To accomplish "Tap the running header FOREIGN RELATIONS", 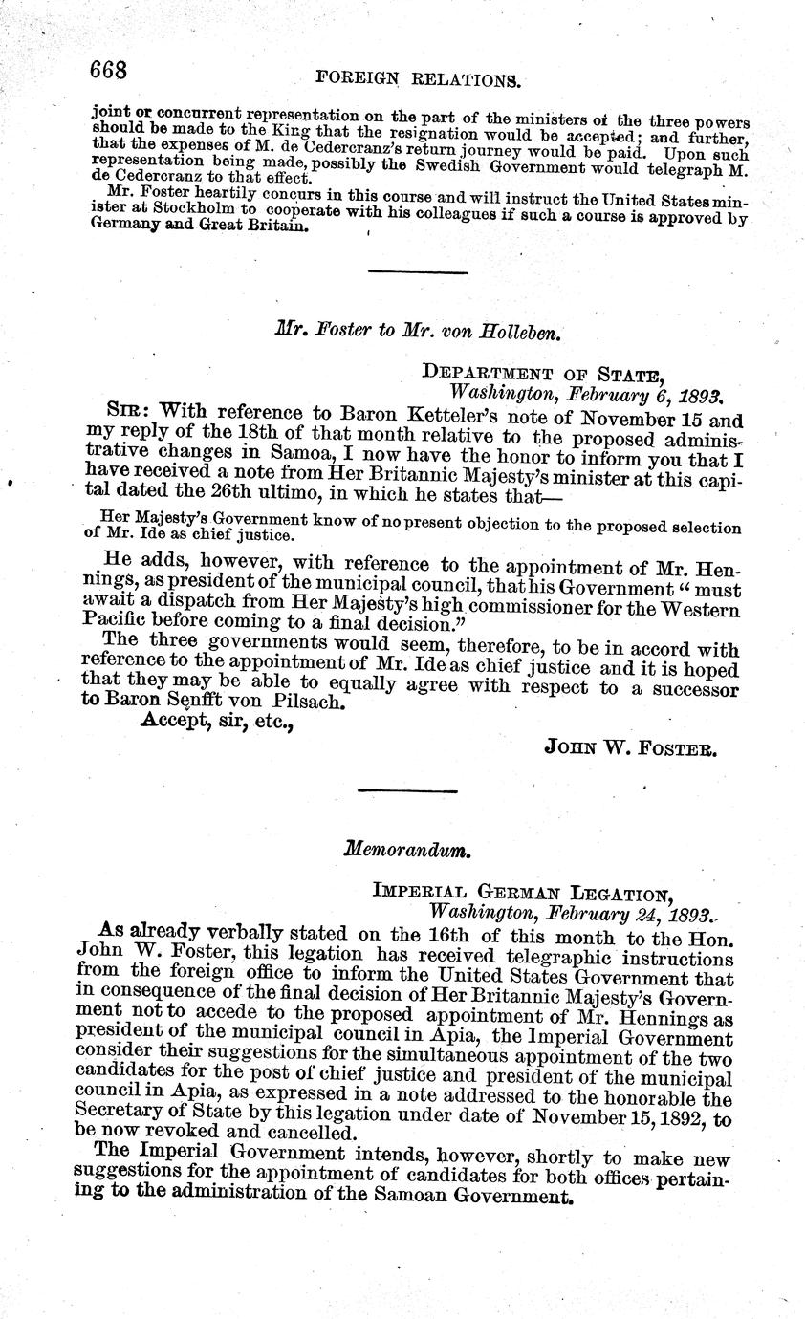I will (x=417, y=80).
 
